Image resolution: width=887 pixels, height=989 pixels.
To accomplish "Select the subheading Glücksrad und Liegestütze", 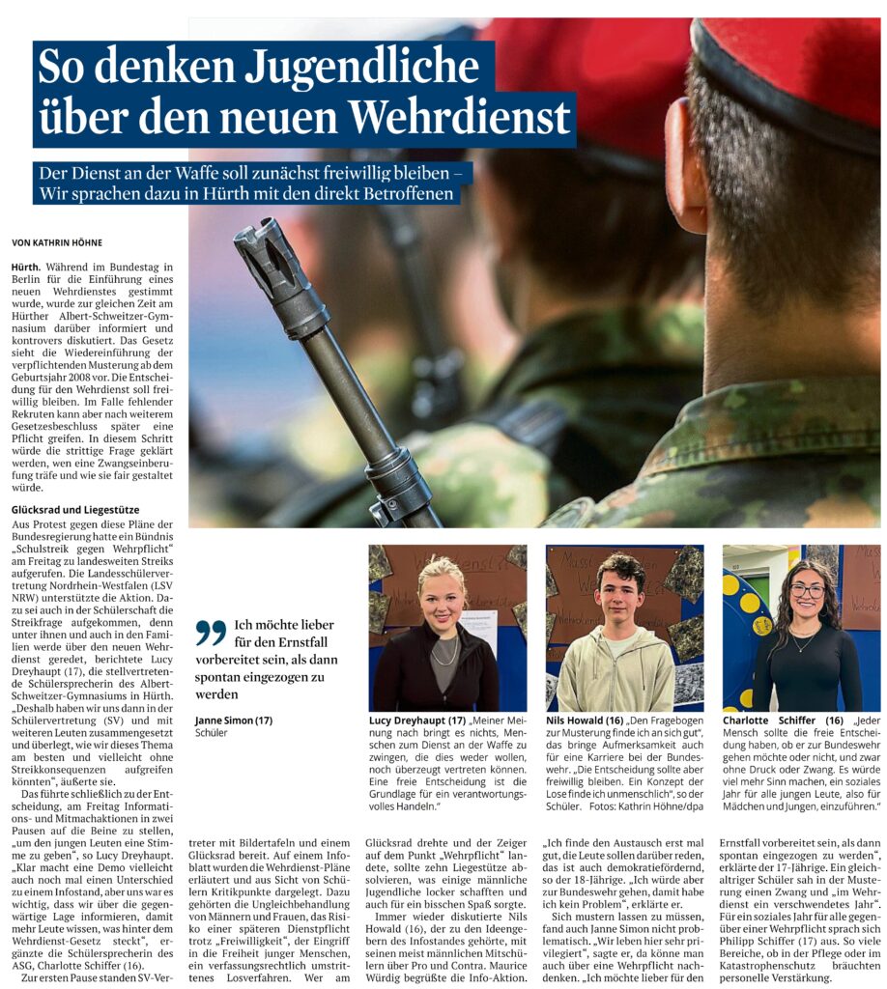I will coord(75,509).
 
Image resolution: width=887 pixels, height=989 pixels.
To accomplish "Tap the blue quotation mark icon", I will coord(210,632).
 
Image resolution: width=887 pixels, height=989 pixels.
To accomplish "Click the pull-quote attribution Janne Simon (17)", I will coord(234,721).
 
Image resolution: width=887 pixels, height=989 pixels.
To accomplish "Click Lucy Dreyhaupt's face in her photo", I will coord(442,605).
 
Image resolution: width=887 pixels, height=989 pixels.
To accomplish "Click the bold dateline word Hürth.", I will coord(26,266).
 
